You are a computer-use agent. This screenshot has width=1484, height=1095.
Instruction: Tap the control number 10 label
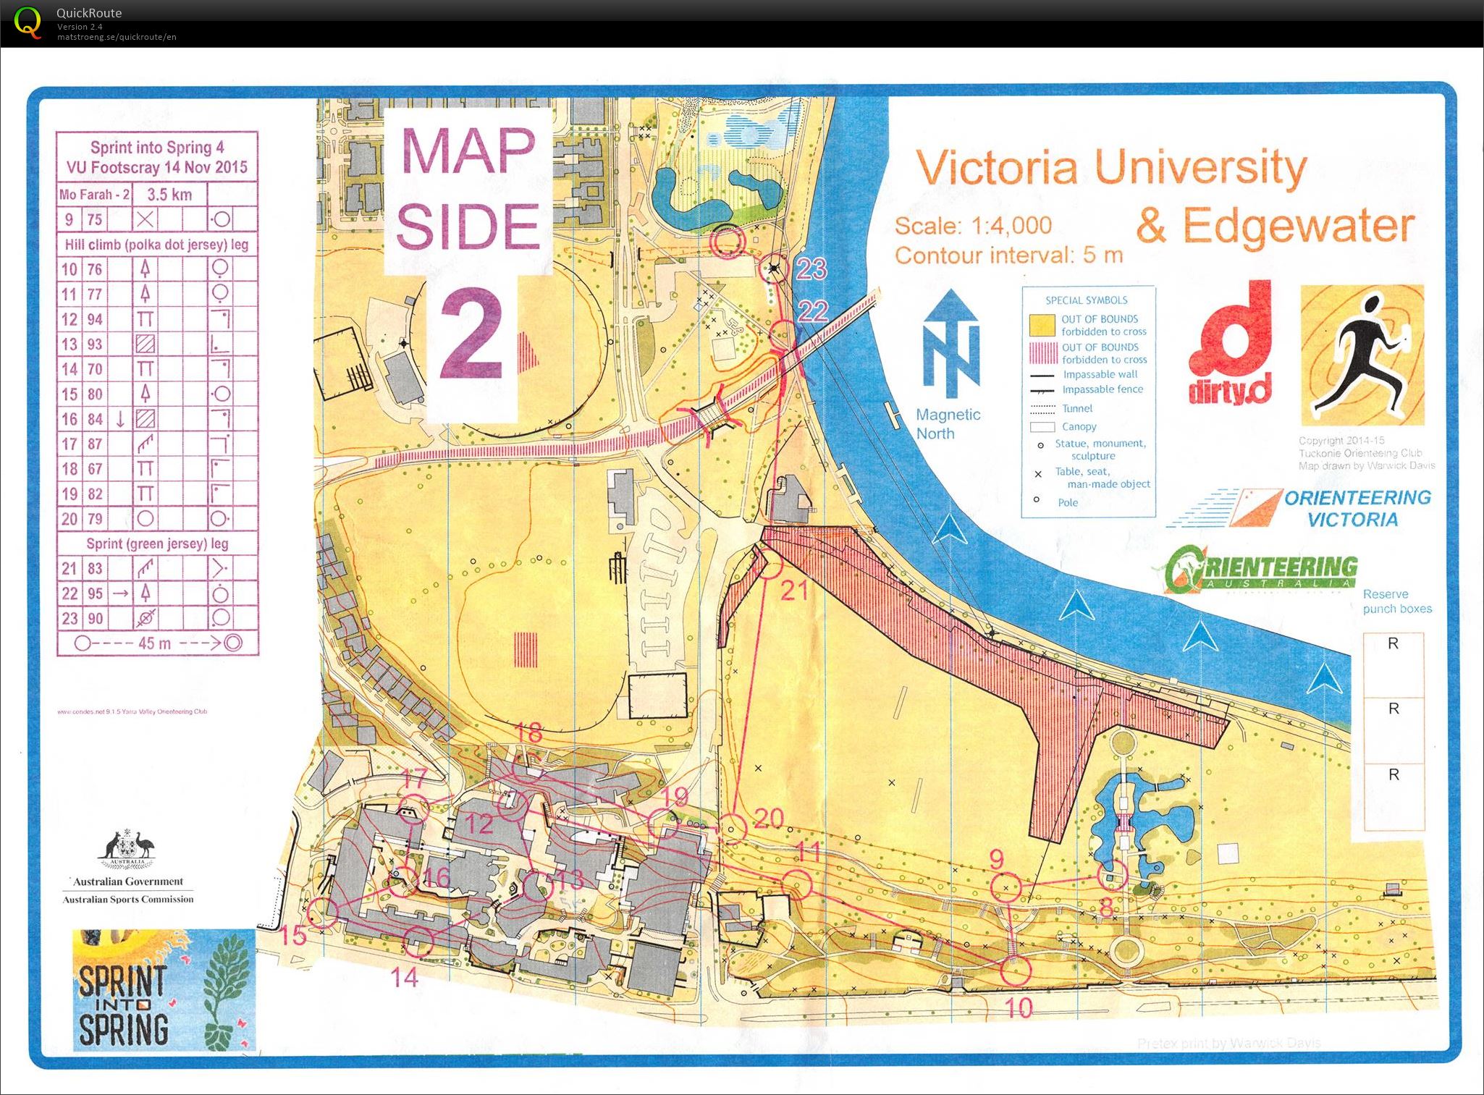coord(1019,1007)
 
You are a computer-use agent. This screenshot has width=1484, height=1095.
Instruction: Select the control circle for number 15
coord(323,912)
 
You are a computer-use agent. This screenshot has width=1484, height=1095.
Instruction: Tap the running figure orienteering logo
coord(1362,355)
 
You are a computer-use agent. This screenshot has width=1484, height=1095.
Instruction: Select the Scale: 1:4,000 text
coord(973,226)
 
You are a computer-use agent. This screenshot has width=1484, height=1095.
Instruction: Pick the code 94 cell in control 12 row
coord(95,319)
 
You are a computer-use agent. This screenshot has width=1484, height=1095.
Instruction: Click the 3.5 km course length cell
coord(169,194)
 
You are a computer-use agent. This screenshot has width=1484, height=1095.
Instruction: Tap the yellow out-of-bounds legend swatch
coord(1041,325)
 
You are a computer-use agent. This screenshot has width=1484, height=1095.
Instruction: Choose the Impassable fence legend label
coord(1103,389)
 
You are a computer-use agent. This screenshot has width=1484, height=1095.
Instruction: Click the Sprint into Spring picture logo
coord(164,989)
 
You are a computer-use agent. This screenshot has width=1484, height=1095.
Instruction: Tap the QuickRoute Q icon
coord(28,22)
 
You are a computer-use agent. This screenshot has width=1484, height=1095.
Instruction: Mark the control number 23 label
coord(811,269)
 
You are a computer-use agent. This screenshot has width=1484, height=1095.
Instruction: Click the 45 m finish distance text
coord(154,643)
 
